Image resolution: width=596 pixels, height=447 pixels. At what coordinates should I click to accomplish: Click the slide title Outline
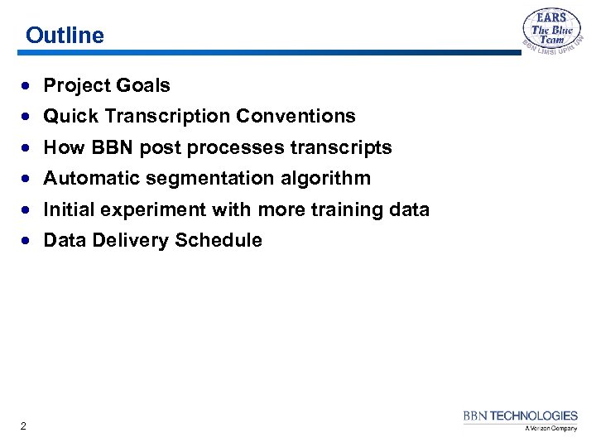[x=65, y=36]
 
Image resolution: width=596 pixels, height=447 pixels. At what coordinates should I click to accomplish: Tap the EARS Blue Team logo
[x=551, y=33]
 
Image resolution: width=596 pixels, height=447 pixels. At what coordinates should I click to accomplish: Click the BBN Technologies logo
[x=520, y=416]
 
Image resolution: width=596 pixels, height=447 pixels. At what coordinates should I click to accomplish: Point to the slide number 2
[x=23, y=426]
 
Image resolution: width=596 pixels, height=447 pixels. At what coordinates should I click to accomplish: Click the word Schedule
[x=223, y=240]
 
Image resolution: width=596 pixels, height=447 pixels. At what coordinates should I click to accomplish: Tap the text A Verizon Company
[x=550, y=429]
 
